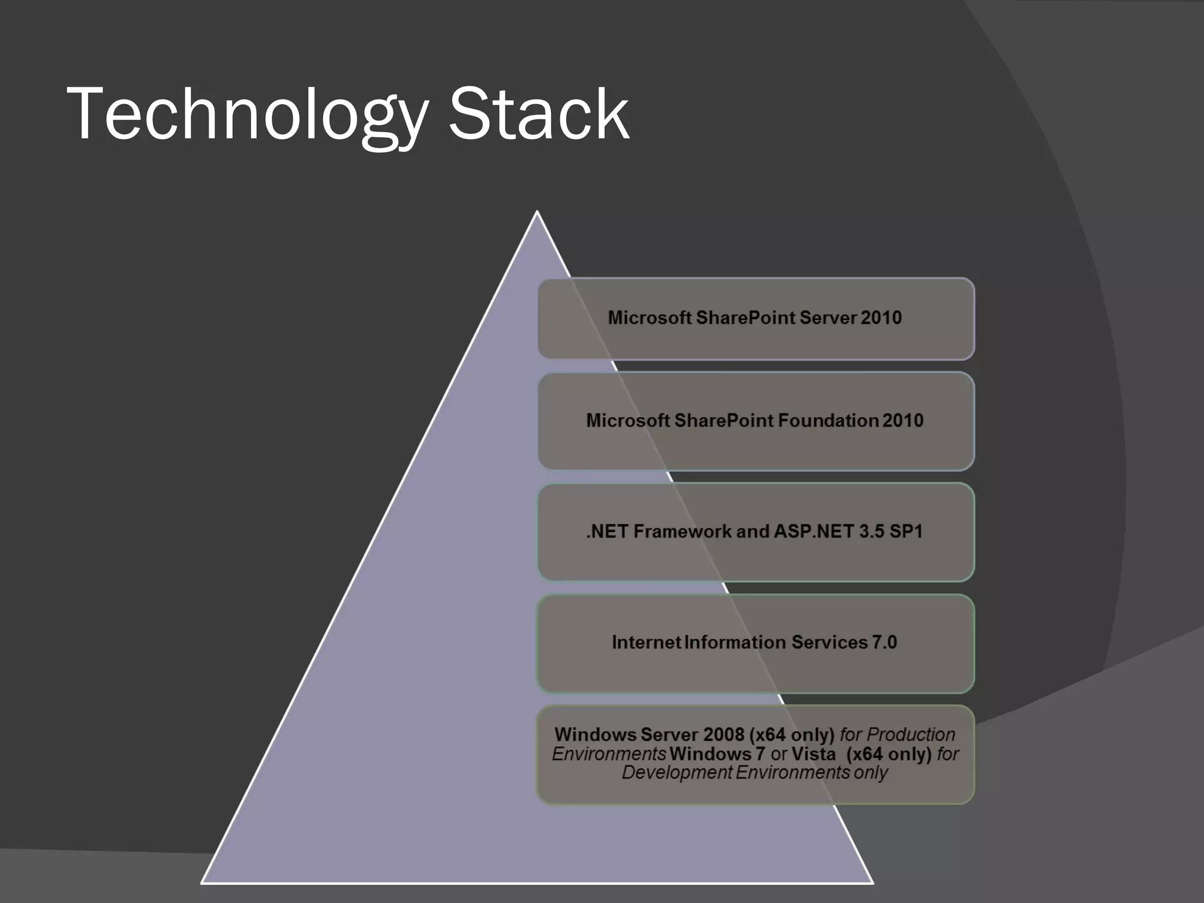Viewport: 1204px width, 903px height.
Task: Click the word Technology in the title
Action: [x=247, y=115]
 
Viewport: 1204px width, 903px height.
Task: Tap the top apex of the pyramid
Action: [x=537, y=212]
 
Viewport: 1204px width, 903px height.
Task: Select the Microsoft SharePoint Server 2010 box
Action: [x=755, y=318]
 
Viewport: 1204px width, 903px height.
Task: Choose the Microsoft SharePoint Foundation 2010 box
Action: [x=755, y=421]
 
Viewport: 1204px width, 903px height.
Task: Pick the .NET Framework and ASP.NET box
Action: [x=755, y=532]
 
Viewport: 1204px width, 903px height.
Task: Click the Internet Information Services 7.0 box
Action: [x=755, y=643]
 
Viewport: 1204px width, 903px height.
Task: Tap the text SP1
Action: [x=906, y=531]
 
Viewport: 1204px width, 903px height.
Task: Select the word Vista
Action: [x=813, y=754]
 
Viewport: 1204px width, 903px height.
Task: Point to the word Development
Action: [x=676, y=772]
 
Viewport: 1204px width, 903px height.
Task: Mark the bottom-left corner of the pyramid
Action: [x=202, y=882]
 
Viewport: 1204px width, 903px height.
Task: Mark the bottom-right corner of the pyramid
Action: [x=872, y=882]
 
